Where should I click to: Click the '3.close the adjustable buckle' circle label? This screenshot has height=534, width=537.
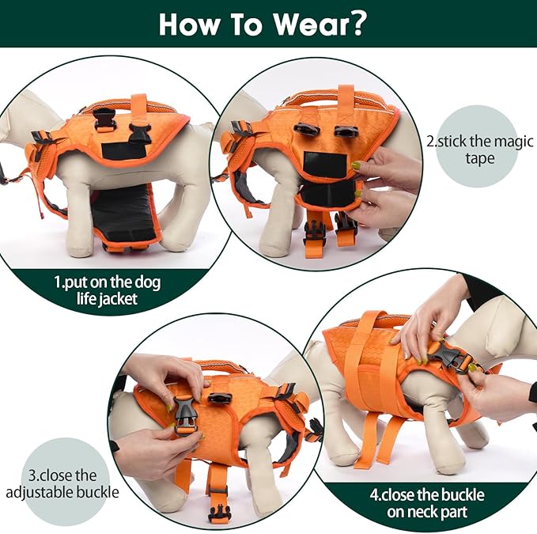tap(63, 483)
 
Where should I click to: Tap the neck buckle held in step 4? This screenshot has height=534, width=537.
tap(452, 361)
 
